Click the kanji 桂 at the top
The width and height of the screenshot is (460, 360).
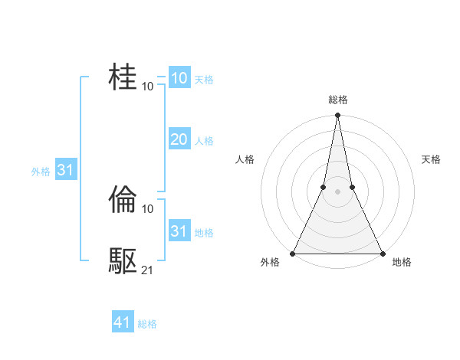click(123, 77)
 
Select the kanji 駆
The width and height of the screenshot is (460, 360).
click(123, 261)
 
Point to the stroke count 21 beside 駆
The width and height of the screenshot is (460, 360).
click(148, 270)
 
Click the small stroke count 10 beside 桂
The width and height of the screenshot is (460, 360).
click(148, 86)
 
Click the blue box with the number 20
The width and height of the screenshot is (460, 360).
click(179, 139)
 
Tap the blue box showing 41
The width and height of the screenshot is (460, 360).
click(123, 322)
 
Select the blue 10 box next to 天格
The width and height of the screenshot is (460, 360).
click(179, 77)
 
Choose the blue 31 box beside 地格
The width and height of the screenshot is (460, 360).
click(179, 231)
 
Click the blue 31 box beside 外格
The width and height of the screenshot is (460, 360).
click(65, 170)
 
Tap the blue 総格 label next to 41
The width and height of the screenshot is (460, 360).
click(147, 324)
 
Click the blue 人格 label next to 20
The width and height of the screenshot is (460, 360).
click(204, 141)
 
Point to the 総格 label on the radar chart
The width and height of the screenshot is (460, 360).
click(337, 100)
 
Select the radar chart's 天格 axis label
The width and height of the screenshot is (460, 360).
click(431, 159)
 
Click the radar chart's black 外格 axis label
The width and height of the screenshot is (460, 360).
click(270, 262)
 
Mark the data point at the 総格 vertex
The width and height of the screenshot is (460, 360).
click(337, 116)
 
